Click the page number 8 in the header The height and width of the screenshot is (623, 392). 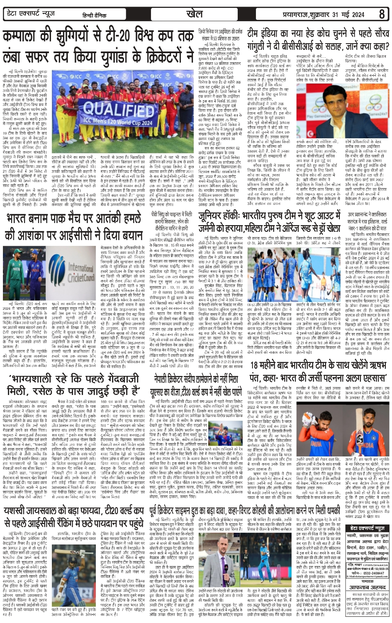tap(382, 15)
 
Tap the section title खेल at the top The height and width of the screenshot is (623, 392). tap(195, 14)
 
